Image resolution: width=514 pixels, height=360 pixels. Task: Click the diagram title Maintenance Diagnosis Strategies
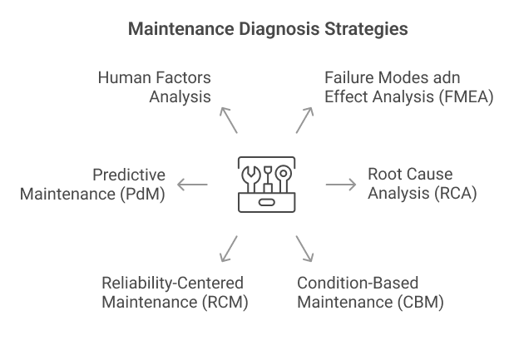(267, 29)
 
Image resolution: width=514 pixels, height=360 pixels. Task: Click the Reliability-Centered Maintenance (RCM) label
(175, 291)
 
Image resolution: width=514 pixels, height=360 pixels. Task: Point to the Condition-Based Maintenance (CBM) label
(370, 291)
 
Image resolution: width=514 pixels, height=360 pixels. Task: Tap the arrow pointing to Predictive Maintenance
(193, 185)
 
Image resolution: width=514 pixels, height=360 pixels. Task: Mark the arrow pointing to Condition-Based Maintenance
(304, 248)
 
